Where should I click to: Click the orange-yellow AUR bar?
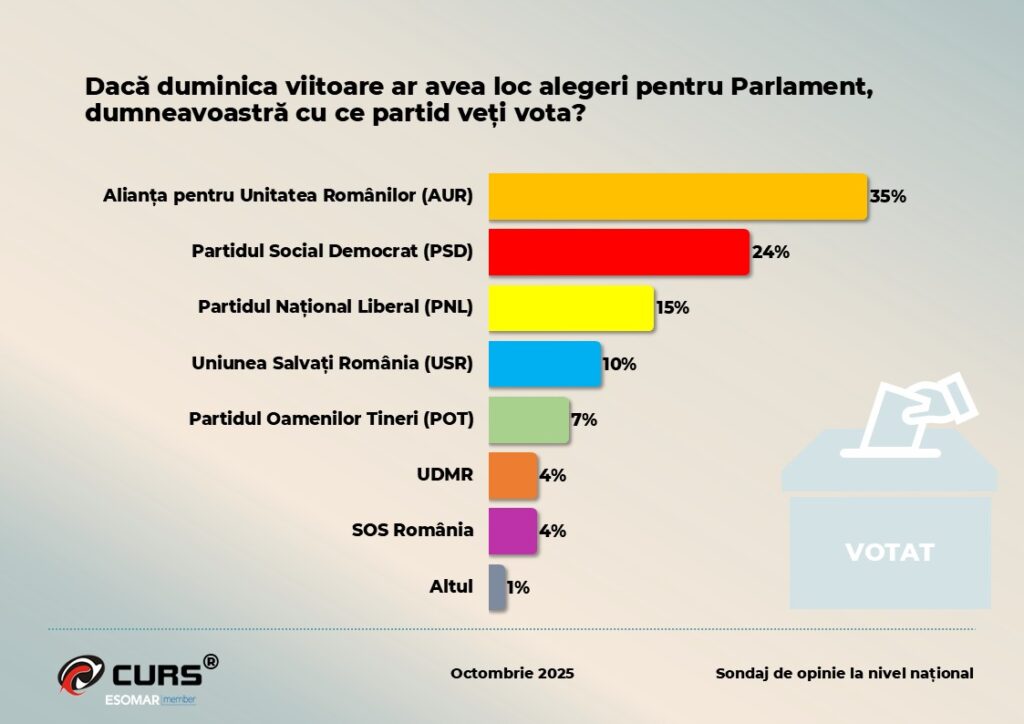point(677,196)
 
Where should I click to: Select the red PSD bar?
point(619,252)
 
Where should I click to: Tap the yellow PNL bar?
point(571,307)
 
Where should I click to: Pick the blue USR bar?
point(545,363)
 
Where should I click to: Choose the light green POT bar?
point(529,419)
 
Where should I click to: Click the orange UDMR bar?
point(513,475)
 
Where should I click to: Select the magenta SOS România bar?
point(513,531)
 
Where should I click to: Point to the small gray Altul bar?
point(497,587)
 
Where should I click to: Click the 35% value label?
point(888,197)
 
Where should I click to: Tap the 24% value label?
point(771,253)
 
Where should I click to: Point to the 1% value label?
point(518,588)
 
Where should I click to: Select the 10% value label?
point(619,364)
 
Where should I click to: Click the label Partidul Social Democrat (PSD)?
point(332,251)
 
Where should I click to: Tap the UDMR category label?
point(446,474)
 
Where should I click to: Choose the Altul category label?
point(451,586)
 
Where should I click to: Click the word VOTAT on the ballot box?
point(889,552)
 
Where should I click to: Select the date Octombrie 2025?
point(512,673)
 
